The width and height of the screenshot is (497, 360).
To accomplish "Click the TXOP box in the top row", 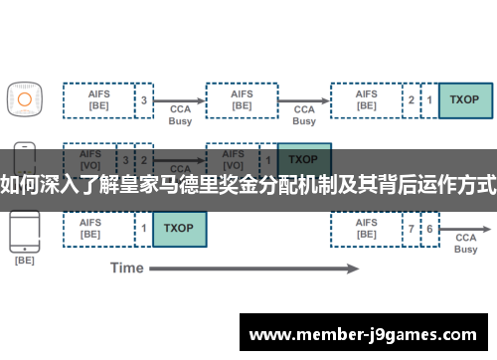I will coord(464,99).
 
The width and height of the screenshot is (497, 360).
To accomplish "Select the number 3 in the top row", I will coord(144,99).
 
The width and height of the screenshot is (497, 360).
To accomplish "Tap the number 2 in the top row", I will coord(412,99).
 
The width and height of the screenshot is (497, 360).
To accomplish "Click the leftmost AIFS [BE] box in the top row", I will coord(98,99).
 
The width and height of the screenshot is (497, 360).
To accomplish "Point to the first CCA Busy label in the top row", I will coord(180,114).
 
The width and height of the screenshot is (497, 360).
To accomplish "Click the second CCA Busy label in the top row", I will coord(304,114).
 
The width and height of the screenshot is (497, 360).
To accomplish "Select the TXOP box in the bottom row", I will coord(179,229).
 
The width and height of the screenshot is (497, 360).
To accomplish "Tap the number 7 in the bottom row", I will coord(412,229).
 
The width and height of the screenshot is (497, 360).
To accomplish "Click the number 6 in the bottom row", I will coord(429,229).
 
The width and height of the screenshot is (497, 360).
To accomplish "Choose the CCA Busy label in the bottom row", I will coord(466,244).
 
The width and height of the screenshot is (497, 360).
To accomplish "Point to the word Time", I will coord(126,268).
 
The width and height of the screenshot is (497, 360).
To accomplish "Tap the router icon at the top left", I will coord(25,97).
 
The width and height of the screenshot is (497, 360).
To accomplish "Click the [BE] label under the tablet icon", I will coord(25,261).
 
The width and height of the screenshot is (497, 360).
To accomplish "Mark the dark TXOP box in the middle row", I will coord(303,160).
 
